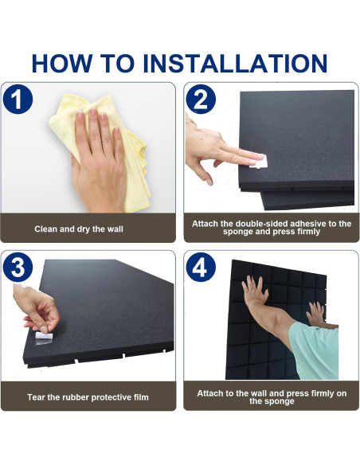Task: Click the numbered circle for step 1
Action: (x=18, y=99)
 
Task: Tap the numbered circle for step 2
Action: (x=201, y=99)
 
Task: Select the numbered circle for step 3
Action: (x=18, y=268)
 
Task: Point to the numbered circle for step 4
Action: (x=201, y=268)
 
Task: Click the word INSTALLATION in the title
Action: (x=235, y=63)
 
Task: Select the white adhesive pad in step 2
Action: (x=259, y=162)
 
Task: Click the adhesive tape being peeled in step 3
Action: (x=44, y=338)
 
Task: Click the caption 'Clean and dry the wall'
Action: (x=79, y=229)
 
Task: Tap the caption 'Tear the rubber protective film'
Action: (x=88, y=397)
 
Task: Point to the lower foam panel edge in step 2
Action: (x=307, y=200)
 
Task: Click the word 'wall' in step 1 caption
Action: (x=114, y=229)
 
